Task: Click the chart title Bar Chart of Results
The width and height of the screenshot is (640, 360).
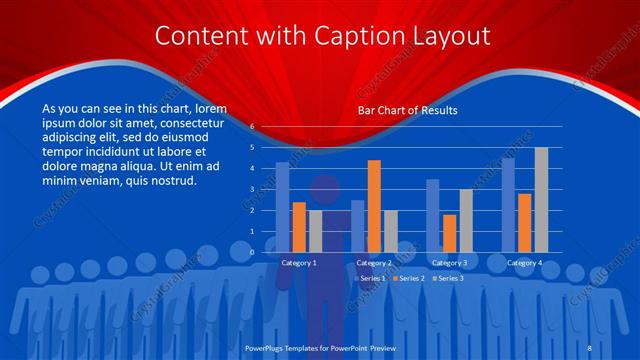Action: (407, 111)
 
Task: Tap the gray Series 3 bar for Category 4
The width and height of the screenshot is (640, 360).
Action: (541, 200)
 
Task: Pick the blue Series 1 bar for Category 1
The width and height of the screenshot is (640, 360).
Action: (283, 207)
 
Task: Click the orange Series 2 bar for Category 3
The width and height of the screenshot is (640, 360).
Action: (449, 233)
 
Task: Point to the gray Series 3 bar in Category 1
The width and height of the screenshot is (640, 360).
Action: (316, 231)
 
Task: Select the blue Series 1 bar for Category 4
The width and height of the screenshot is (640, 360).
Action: (508, 205)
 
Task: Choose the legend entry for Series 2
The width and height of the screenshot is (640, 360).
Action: (409, 277)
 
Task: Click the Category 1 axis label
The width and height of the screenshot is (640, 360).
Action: (299, 263)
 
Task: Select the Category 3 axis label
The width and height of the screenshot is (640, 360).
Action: (449, 263)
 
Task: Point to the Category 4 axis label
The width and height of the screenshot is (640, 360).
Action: (524, 263)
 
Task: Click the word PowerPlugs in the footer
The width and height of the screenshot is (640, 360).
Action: (268, 347)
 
